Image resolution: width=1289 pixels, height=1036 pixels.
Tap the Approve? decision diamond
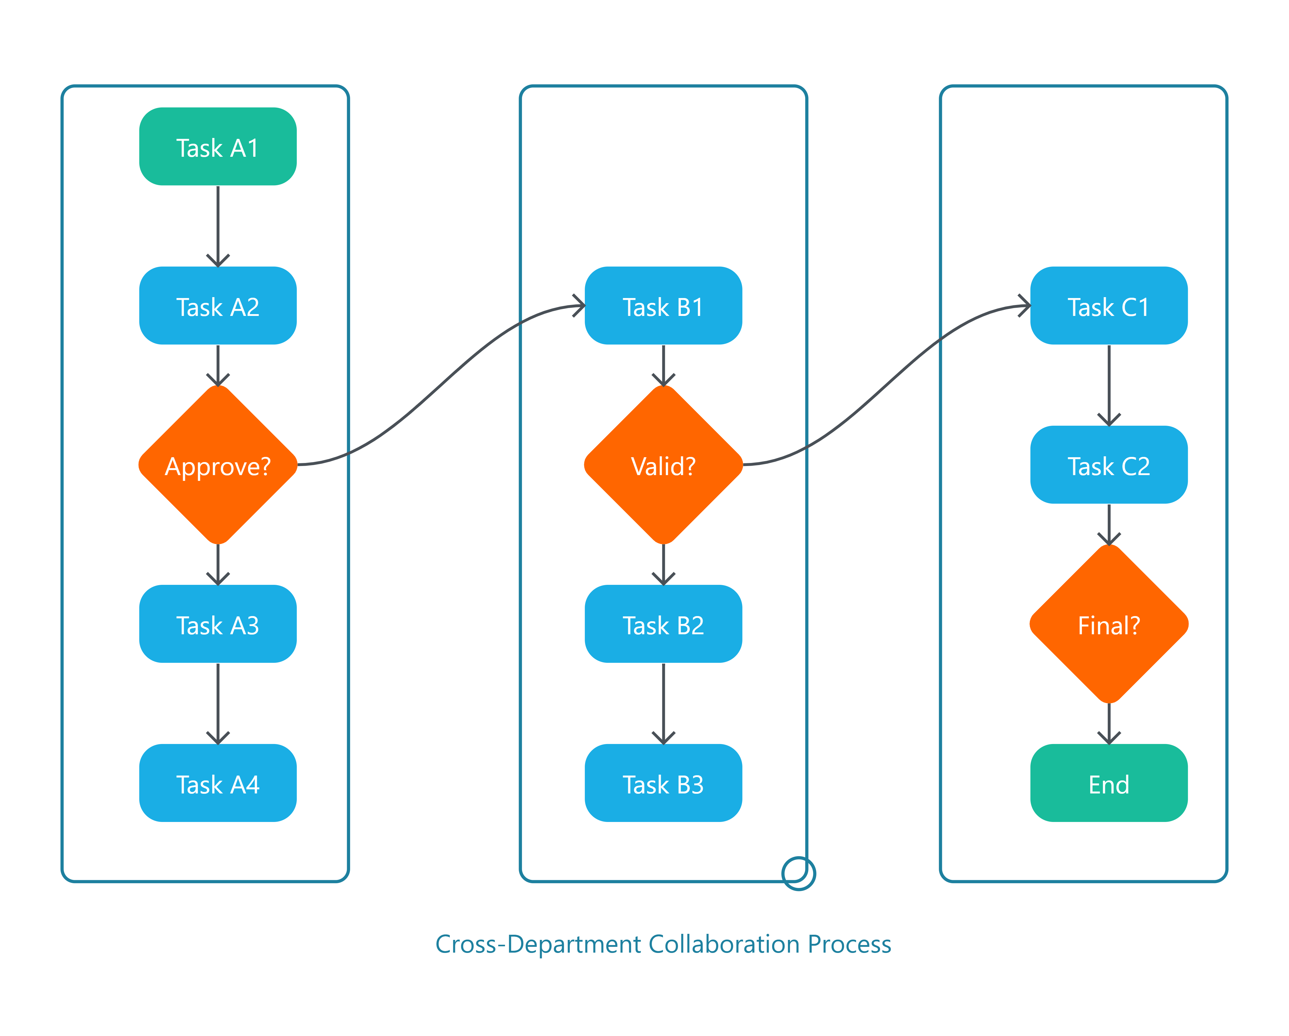[218, 465]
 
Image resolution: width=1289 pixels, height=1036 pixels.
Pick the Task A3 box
[218, 624]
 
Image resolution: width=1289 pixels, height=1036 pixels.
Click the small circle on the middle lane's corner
[799, 873]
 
